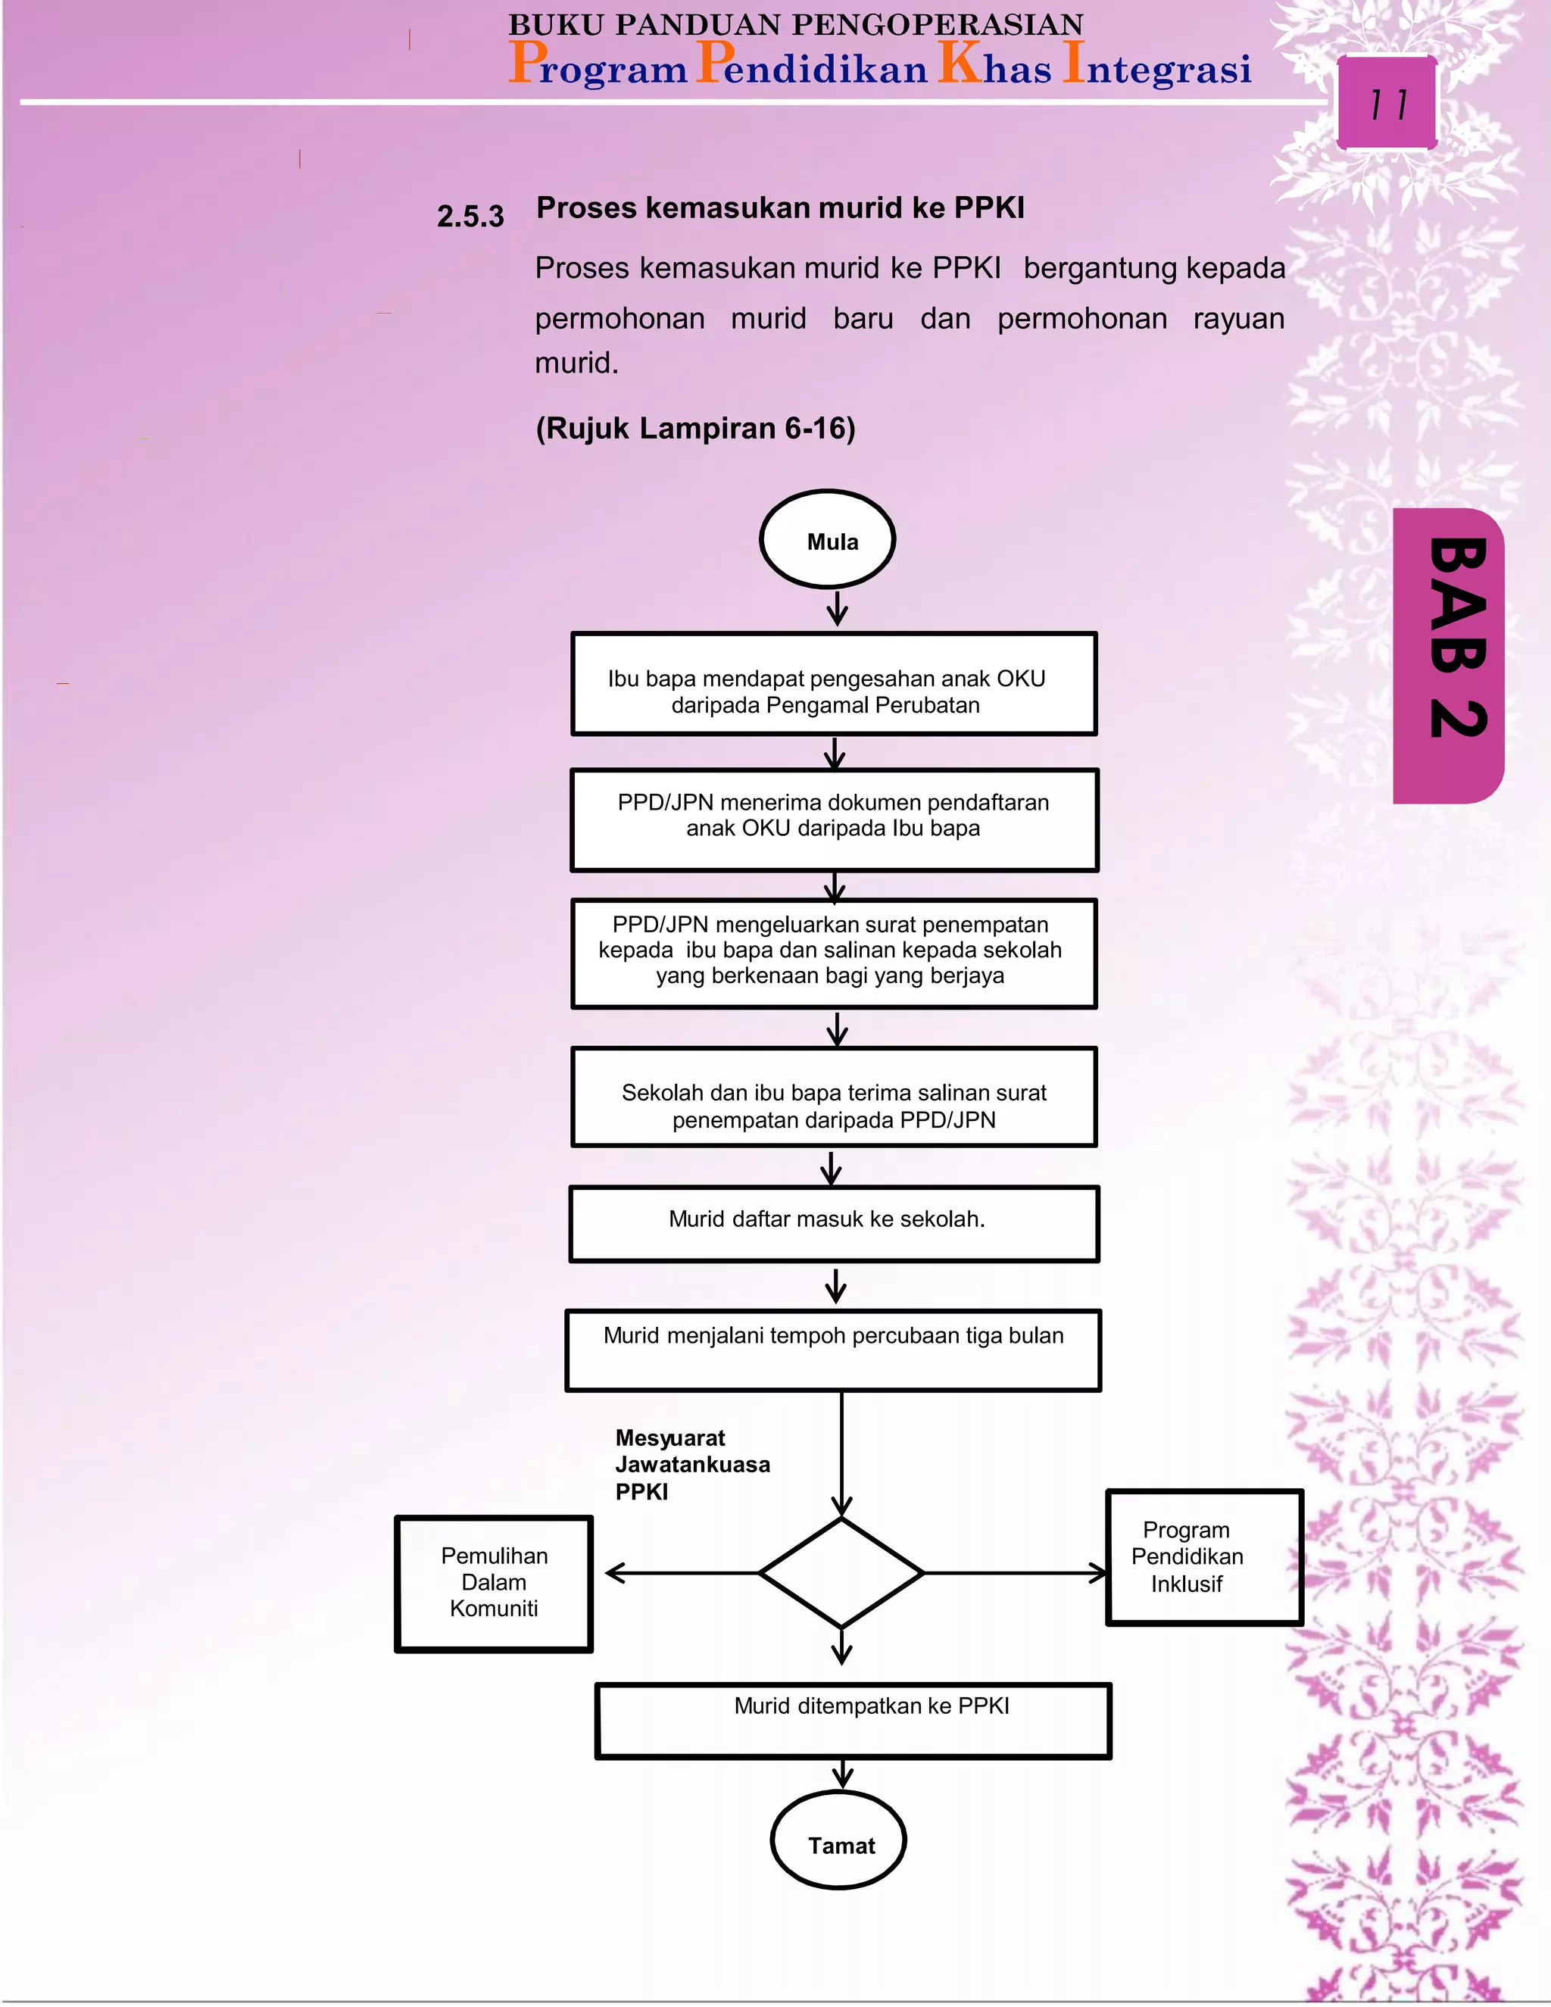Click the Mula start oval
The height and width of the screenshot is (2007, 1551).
pos(827,539)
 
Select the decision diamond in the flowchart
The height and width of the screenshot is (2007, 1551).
pos(841,1573)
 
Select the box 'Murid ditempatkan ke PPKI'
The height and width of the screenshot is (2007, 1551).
pos(853,1720)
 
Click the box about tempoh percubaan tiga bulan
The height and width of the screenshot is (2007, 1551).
pos(832,1349)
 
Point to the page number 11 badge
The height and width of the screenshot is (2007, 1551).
pos(1387,103)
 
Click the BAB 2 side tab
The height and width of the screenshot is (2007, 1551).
pos(1449,654)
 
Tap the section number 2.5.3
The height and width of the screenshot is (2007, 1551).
pos(470,217)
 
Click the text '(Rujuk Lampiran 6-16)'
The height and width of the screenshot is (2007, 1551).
pos(694,428)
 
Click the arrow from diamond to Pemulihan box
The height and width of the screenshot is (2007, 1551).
pos(680,1573)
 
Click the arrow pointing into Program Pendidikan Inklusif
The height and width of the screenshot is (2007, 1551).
pos(1016,1573)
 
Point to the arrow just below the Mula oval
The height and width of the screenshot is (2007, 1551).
pos(837,608)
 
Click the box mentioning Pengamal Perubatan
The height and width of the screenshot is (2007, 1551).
pos(833,684)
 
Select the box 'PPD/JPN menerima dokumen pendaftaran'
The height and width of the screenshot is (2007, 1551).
pos(833,819)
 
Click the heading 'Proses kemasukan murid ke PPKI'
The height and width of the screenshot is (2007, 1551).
pos(779,208)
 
